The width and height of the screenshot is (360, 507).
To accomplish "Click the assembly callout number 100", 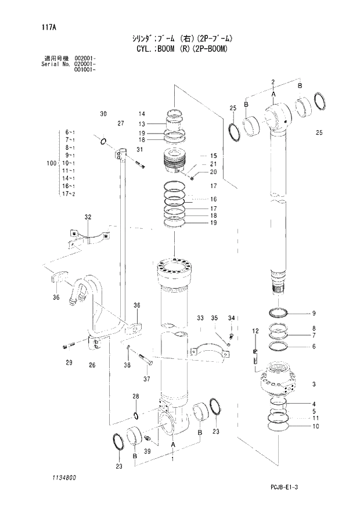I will [x=51, y=164].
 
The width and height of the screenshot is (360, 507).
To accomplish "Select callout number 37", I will [x=146, y=379].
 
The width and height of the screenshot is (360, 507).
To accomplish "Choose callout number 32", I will [x=88, y=217].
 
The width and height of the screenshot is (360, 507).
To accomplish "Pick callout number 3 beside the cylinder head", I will [x=314, y=384].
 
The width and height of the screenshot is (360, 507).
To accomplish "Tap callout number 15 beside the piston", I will [x=213, y=156].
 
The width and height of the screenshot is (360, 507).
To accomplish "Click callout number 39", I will [x=147, y=452].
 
